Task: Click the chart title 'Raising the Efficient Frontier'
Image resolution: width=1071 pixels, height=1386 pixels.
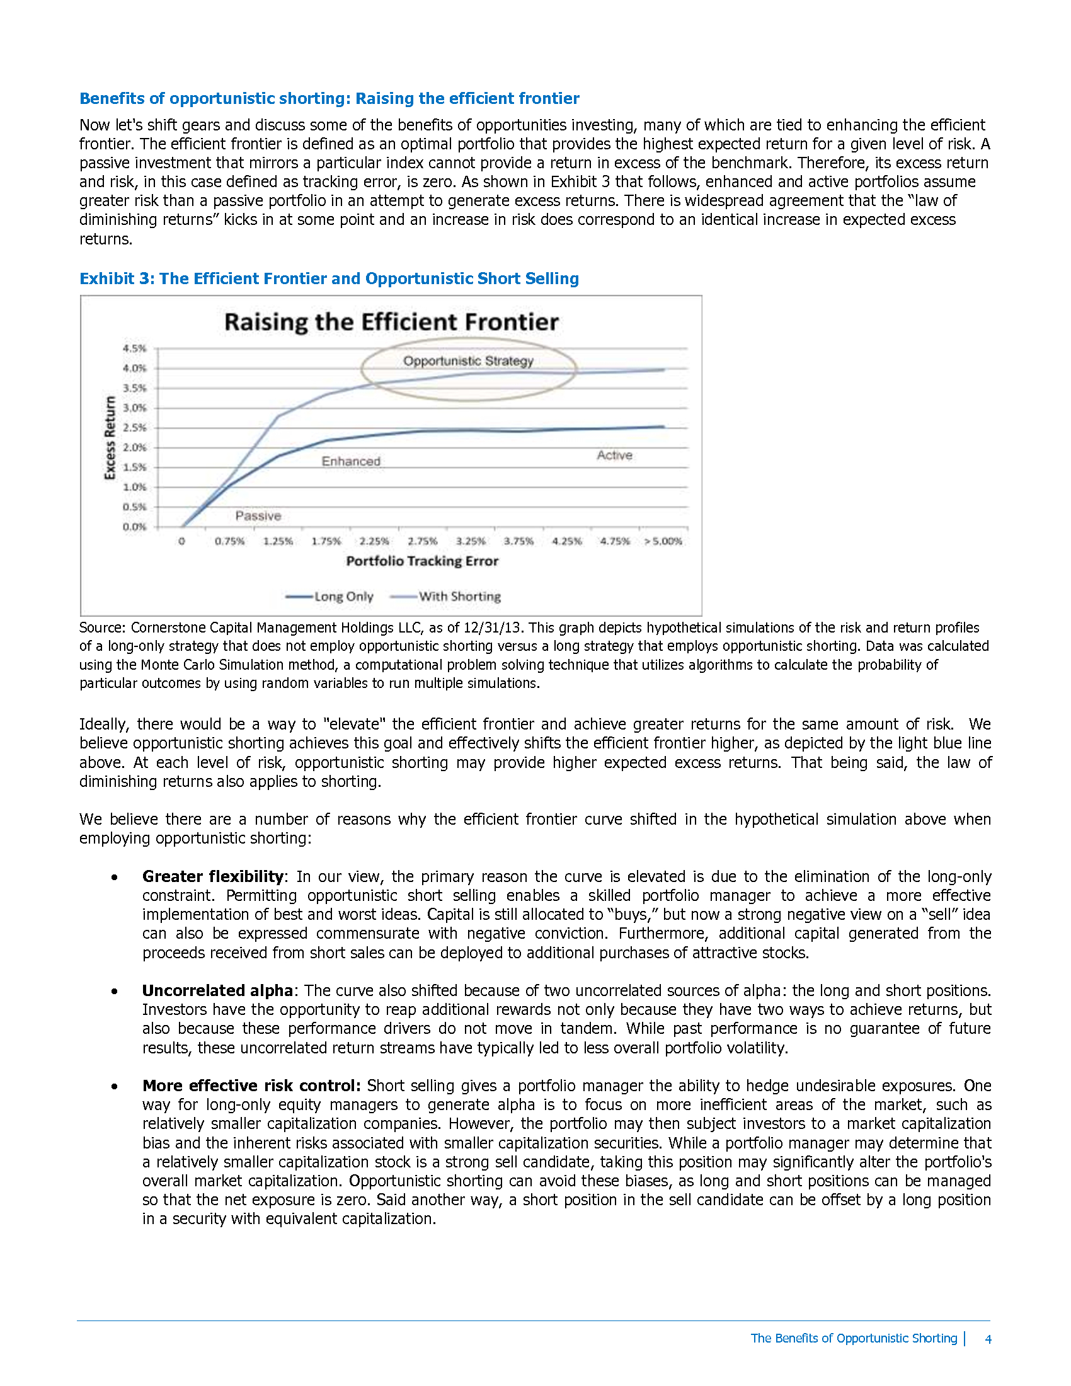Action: (391, 323)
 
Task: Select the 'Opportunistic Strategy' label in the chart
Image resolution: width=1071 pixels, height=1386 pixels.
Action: (468, 361)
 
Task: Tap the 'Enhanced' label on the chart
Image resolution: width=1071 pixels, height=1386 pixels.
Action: (351, 461)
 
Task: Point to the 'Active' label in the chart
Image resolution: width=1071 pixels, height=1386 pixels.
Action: (614, 455)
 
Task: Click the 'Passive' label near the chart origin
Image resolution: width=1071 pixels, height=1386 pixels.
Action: (258, 516)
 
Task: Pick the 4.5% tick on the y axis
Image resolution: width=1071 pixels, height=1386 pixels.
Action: (135, 348)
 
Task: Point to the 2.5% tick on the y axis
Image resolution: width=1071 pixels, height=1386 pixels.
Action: (135, 428)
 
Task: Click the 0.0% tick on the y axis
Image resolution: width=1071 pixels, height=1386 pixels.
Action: (135, 527)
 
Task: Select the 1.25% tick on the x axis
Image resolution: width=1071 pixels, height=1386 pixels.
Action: (278, 541)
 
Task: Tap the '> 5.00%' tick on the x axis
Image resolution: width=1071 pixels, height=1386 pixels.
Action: (663, 541)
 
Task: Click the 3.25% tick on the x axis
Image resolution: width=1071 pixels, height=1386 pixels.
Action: (471, 541)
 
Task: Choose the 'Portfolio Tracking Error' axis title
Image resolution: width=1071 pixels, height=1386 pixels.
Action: (422, 561)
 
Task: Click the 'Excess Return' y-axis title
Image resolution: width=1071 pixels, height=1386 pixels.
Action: (110, 438)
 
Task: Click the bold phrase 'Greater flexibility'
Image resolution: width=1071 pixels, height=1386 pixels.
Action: (212, 876)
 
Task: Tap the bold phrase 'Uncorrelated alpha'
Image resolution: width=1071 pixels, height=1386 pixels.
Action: (217, 990)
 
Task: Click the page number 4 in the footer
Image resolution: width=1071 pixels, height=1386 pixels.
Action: (988, 1338)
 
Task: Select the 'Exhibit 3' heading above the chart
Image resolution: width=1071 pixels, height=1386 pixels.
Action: (329, 278)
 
